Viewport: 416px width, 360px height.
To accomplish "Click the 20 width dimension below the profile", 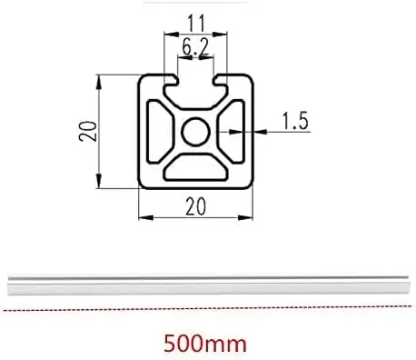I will [194, 206].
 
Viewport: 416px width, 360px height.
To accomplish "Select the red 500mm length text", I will [206, 345].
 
